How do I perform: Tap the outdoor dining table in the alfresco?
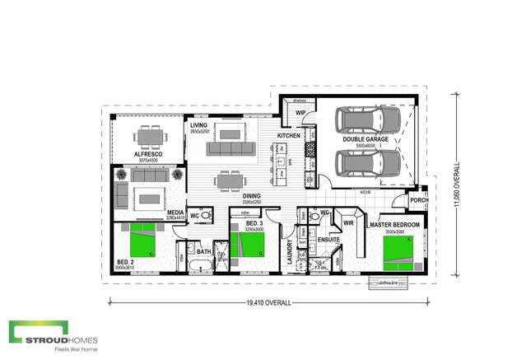tap(149, 137)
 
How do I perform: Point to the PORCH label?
tap(419, 200)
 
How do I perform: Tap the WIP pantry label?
tap(301, 112)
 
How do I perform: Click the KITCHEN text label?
tap(289, 134)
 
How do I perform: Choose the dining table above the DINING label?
tap(227, 180)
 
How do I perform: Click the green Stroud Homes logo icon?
tap(26, 332)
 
